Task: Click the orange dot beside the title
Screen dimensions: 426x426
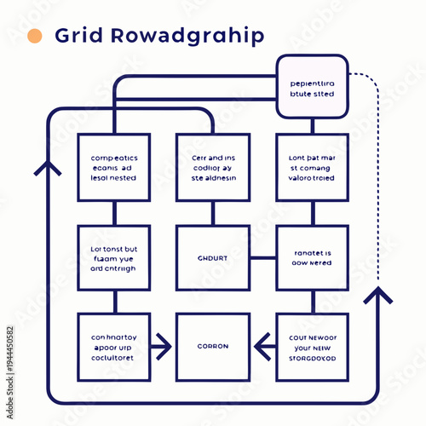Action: pyautogui.click(x=35, y=36)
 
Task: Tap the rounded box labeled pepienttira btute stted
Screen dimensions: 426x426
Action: pyautogui.click(x=313, y=89)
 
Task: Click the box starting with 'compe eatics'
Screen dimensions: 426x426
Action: pyautogui.click(x=114, y=168)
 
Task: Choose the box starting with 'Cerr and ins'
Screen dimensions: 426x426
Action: pyautogui.click(x=213, y=168)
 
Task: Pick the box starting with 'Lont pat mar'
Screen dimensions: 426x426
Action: pyautogui.click(x=312, y=168)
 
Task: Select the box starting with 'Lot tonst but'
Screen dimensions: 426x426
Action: pyautogui.click(x=114, y=257)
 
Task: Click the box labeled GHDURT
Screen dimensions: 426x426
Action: pyautogui.click(x=213, y=257)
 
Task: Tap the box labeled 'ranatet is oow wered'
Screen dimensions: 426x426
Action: pyautogui.click(x=312, y=257)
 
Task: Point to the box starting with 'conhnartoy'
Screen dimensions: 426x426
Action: pyautogui.click(x=114, y=347)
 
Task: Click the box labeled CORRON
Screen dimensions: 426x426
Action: pyautogui.click(x=213, y=347)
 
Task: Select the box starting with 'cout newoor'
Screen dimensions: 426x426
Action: pyautogui.click(x=312, y=347)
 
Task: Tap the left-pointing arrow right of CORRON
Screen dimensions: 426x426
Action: pyautogui.click(x=264, y=347)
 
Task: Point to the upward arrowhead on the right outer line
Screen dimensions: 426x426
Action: pyautogui.click(x=378, y=295)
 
